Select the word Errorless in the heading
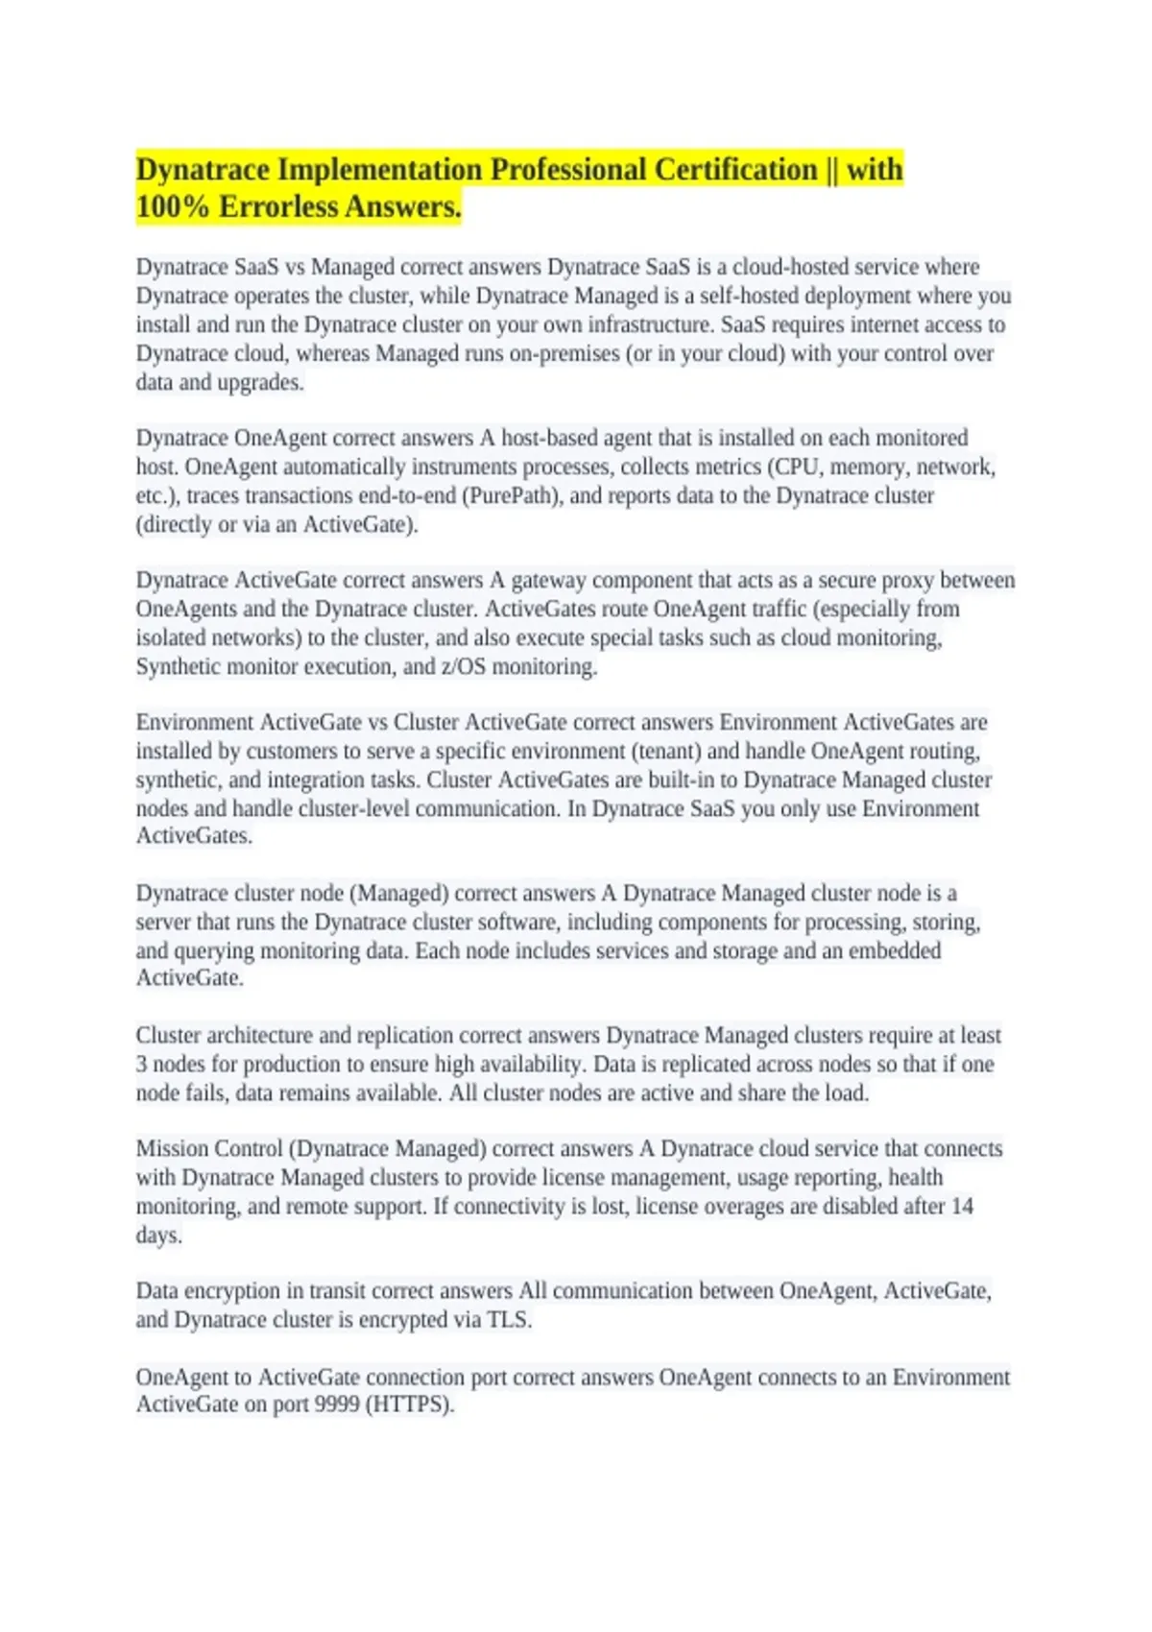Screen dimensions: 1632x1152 click(x=294, y=207)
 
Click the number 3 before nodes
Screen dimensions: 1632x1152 click(x=141, y=1064)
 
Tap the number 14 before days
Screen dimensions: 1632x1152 click(x=962, y=1206)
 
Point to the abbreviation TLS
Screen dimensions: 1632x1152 click(x=508, y=1319)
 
